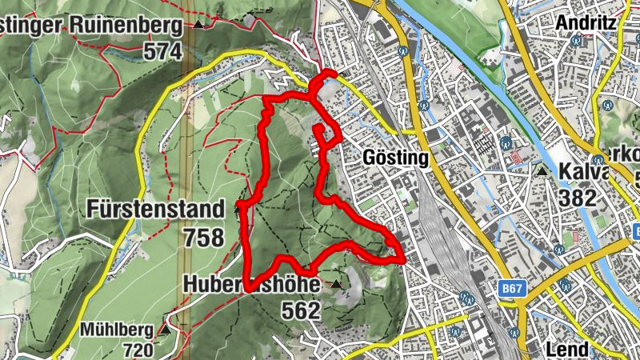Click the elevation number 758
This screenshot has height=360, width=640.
pyautogui.click(x=203, y=238)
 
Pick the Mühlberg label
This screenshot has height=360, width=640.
pyautogui.click(x=118, y=329)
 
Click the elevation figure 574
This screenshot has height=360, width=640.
pyautogui.click(x=162, y=52)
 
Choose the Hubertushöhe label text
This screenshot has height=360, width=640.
pyautogui.click(x=251, y=284)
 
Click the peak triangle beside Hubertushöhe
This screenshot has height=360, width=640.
pyautogui.click(x=336, y=284)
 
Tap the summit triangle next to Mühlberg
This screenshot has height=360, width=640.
pyautogui.click(x=164, y=329)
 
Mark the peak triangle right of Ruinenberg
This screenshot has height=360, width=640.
pyautogui.click(x=198, y=25)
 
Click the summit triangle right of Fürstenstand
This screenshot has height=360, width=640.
pyautogui.click(x=238, y=210)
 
